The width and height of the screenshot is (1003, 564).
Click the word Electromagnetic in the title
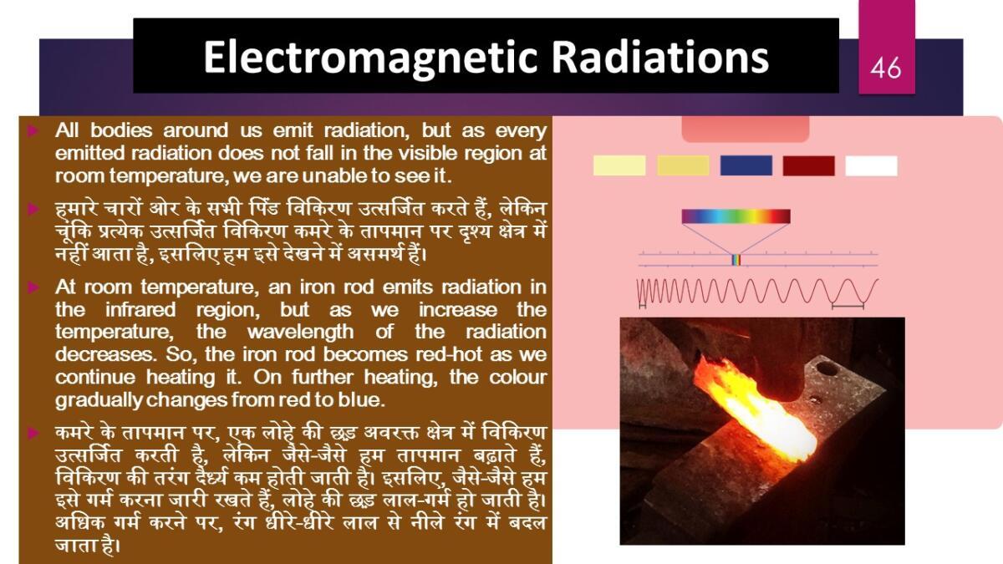(369, 58)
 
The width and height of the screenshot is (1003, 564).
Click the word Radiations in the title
(660, 58)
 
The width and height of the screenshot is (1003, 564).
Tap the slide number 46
(886, 68)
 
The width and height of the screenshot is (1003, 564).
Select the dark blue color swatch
(746, 165)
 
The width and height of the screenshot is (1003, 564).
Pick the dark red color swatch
(809, 165)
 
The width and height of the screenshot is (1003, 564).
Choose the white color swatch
(871, 165)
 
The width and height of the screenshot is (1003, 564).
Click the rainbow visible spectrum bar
(736, 216)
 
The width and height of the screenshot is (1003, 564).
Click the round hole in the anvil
(826, 368)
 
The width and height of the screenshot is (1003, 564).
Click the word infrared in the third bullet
(140, 310)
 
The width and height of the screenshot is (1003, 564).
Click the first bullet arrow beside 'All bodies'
(33, 130)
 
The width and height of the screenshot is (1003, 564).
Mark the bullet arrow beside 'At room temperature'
(33, 287)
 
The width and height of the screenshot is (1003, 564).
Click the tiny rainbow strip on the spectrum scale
(736, 260)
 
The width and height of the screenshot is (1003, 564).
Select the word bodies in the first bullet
(121, 130)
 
